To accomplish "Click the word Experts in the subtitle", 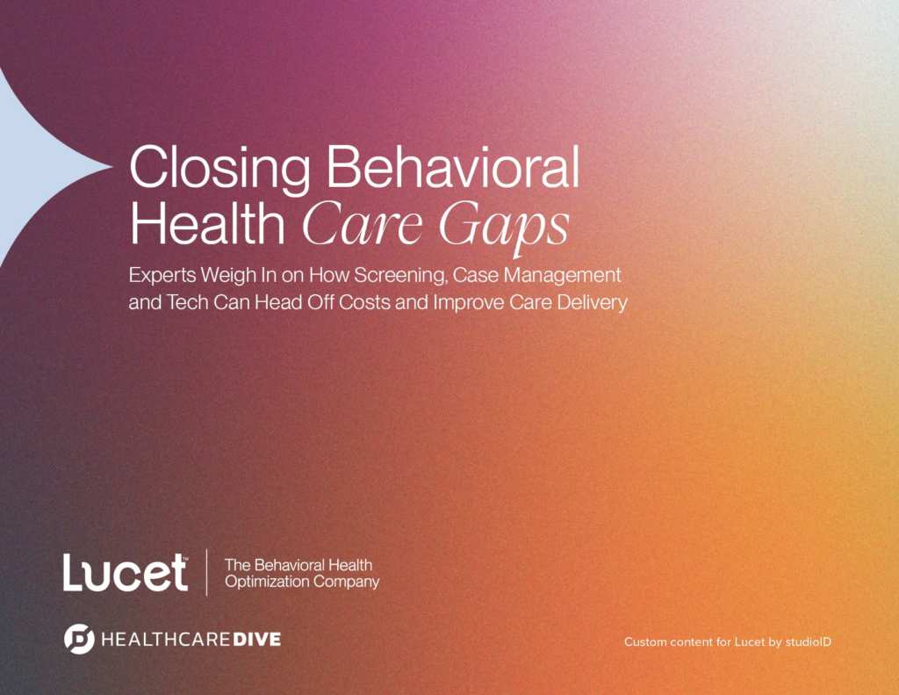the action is click(162, 276).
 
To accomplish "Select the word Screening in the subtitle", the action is click(400, 276).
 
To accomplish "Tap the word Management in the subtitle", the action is click(563, 276).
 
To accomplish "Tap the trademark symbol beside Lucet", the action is click(184, 556).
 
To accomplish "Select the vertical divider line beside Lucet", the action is click(206, 572).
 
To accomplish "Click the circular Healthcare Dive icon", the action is click(79, 639).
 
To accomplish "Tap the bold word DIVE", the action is click(256, 640).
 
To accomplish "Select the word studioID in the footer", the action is click(808, 641).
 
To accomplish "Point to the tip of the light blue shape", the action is click(112, 167).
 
